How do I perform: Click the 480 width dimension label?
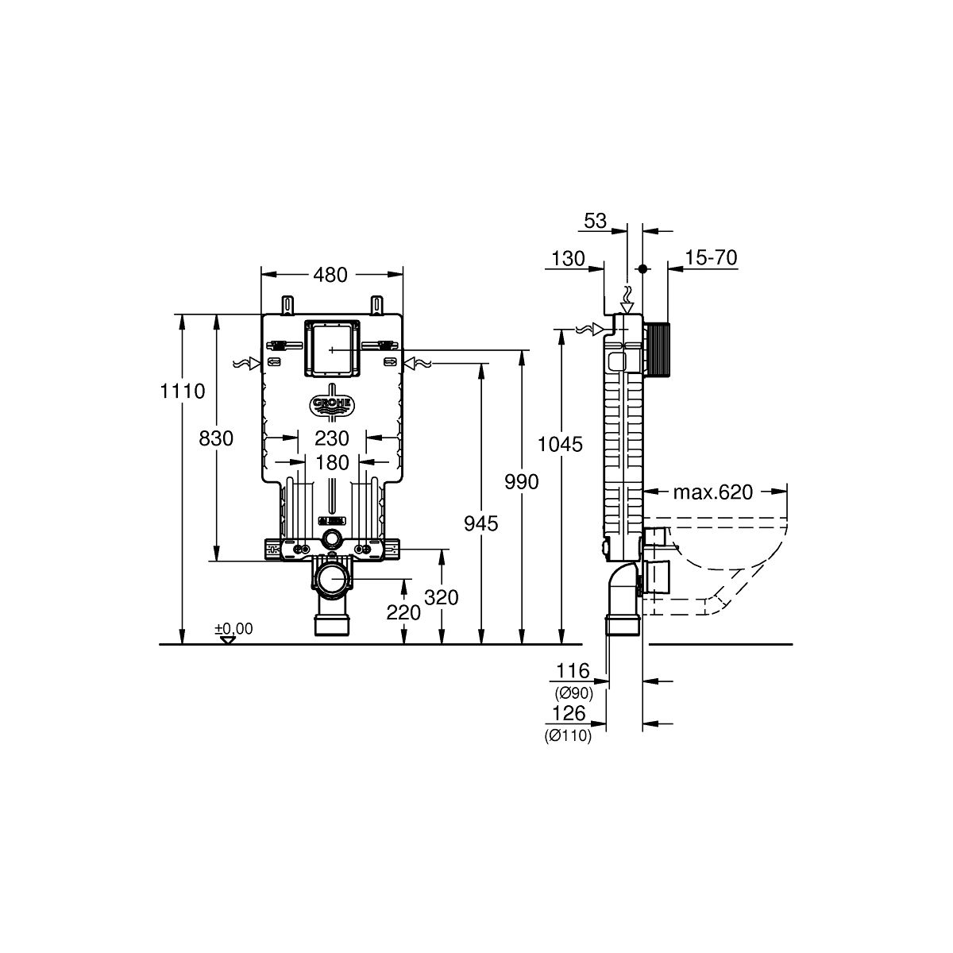330,275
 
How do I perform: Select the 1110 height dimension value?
183,392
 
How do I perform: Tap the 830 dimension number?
216,438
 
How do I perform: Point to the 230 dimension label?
332,438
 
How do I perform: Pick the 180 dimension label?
332,463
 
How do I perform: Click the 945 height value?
480,523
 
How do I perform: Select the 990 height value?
522,482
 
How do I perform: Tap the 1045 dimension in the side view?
561,445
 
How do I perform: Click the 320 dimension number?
442,598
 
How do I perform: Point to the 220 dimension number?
403,613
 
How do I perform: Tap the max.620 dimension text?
713,492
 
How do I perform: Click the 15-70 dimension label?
711,257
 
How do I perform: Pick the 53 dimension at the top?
596,221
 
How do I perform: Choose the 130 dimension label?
569,258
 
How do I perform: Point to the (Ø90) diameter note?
573,693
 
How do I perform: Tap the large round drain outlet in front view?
331,579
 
